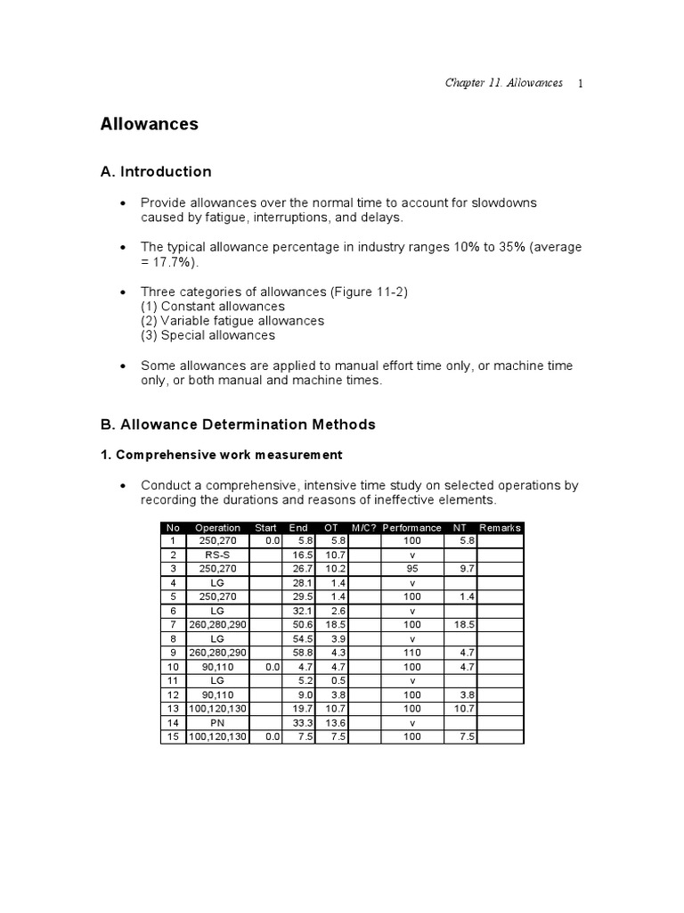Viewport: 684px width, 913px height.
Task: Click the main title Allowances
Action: point(149,124)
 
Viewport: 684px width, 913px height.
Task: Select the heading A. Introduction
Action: point(156,171)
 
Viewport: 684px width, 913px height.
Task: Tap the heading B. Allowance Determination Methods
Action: point(238,424)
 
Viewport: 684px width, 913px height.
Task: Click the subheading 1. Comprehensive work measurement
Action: point(221,455)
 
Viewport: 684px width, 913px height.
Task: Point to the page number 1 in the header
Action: point(580,84)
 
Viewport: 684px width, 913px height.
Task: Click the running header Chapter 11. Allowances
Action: point(503,83)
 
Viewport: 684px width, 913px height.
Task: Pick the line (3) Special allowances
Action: point(208,335)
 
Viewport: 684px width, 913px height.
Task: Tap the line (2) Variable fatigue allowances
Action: point(232,320)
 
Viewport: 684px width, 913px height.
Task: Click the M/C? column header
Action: point(364,528)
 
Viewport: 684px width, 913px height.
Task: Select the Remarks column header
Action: point(500,528)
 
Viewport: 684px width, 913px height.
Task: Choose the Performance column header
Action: point(412,528)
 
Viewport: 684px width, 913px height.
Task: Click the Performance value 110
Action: point(412,652)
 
